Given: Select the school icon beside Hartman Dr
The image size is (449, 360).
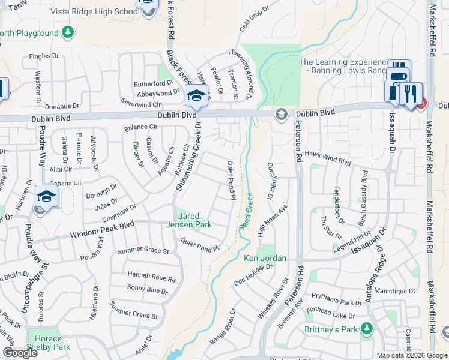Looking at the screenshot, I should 46,196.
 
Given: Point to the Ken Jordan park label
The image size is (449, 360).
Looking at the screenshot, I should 264,259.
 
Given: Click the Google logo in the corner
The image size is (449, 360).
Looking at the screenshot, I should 20,353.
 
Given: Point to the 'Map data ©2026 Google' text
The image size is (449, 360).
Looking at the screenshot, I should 411,355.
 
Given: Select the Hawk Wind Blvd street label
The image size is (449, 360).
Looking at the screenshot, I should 328,161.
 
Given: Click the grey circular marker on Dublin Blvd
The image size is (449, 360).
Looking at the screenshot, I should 280,114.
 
